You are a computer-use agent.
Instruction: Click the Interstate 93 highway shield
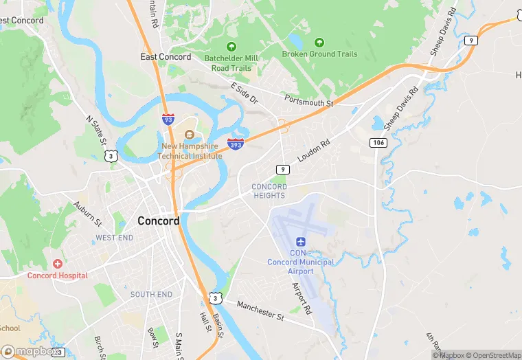coord(168,119)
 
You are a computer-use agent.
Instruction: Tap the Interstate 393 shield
coord(235,143)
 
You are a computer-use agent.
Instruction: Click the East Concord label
coord(166,57)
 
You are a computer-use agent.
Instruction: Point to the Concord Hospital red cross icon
coord(58,264)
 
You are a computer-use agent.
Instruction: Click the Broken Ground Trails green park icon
coord(318,43)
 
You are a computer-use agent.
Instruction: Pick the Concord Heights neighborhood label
coord(269,191)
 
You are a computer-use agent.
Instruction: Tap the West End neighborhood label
coord(114,238)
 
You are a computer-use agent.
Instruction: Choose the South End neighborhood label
coord(151,295)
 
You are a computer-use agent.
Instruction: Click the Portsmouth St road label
coord(310,100)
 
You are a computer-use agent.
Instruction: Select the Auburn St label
coord(87,214)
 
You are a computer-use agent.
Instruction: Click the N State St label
coord(97,131)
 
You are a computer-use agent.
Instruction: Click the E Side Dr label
coord(244,93)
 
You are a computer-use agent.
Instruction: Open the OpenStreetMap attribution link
coord(493,355)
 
